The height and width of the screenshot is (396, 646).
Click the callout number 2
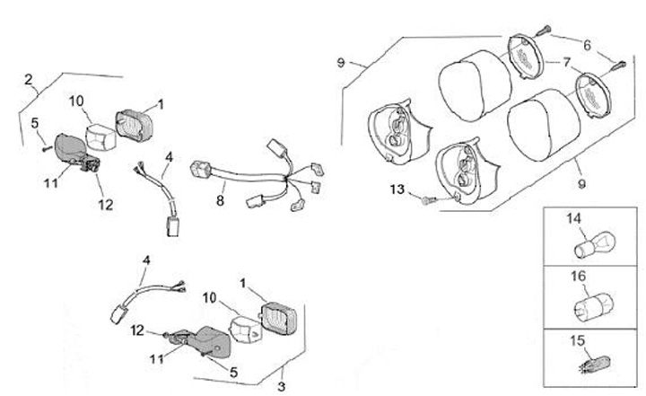point(30,80)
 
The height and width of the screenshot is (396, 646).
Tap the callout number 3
point(281,386)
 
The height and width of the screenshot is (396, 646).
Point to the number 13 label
point(398,190)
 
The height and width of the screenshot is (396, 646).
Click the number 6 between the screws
point(587,45)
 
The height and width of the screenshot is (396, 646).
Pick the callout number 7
point(567,63)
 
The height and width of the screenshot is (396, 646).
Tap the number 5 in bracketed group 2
point(35,123)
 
